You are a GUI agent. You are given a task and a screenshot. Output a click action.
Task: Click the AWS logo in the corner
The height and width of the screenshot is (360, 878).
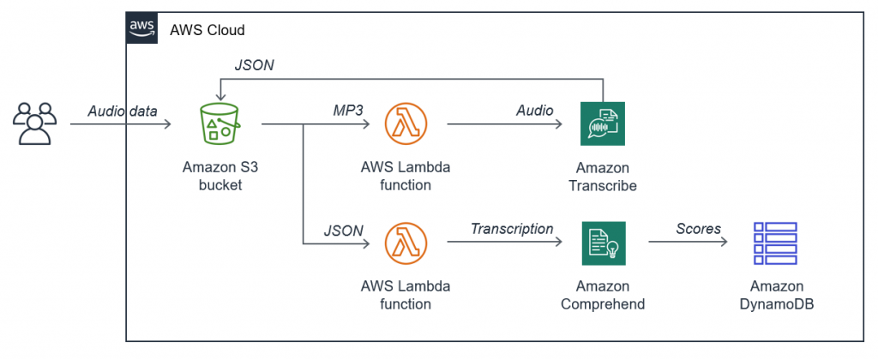(141, 27)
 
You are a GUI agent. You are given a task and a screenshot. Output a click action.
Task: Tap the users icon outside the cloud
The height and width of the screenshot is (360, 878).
(35, 123)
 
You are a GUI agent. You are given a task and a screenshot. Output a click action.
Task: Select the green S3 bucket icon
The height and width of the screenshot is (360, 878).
(220, 124)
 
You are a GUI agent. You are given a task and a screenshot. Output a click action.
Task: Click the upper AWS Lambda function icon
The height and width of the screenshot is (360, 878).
(407, 124)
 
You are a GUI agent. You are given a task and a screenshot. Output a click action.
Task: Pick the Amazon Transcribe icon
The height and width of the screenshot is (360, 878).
(602, 124)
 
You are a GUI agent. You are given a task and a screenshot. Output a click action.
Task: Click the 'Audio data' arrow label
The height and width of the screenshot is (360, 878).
(123, 111)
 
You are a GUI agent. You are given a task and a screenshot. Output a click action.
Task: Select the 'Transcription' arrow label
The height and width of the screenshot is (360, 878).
(512, 229)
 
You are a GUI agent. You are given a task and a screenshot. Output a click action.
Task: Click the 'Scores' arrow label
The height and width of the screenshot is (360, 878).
(698, 229)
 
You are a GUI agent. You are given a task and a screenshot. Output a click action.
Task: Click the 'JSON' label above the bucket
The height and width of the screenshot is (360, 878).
(254, 65)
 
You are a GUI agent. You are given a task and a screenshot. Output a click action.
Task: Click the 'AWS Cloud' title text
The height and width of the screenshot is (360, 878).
(207, 30)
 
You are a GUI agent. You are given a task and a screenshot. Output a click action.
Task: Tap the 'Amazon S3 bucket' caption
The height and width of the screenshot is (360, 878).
(220, 176)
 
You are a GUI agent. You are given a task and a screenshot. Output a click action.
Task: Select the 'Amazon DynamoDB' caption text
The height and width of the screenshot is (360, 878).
(777, 295)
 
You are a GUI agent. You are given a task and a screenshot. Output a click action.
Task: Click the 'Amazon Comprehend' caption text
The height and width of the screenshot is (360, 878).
(602, 295)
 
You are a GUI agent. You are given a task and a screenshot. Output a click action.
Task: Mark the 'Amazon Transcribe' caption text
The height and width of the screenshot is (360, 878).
(602, 177)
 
